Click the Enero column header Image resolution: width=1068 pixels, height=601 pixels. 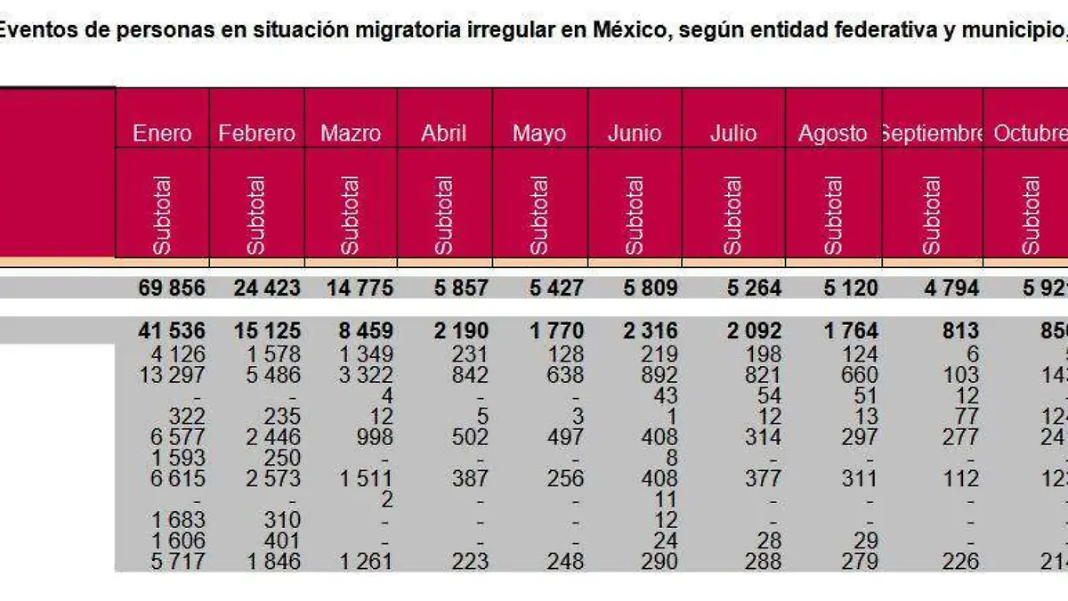coord(162,134)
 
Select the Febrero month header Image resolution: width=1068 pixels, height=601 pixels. coord(256,134)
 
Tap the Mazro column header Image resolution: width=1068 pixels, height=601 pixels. coord(351,134)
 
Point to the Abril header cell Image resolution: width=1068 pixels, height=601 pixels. coord(444,134)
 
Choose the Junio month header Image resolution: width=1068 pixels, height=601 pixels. coord(635,134)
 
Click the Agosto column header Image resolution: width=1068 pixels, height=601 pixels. coord(832,134)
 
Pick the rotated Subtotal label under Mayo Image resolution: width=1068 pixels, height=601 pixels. coord(539,215)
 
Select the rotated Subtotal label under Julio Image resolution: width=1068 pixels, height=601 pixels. coord(733,215)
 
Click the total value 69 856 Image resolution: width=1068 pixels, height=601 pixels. coord(172,288)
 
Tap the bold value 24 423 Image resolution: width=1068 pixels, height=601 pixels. coord(267,288)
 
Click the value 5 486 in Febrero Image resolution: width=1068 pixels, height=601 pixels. coord(272,375)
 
